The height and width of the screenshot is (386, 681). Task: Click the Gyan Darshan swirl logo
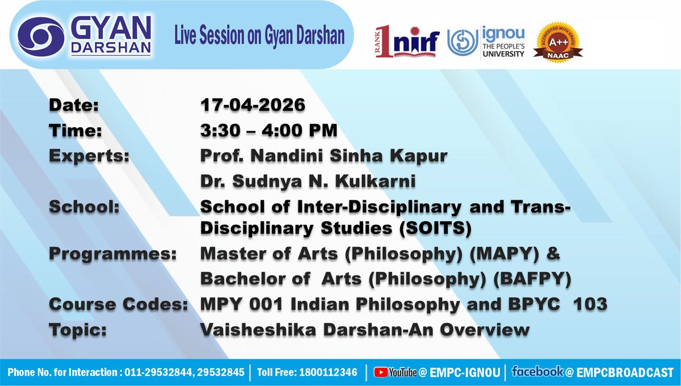(x=39, y=36)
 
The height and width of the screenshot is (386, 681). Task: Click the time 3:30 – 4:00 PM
(x=269, y=131)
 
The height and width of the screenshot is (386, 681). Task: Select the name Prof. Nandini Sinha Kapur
(x=324, y=156)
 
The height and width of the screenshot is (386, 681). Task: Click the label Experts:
(x=89, y=156)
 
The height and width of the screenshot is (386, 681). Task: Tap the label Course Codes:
(x=119, y=305)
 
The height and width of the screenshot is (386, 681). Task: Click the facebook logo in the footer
(x=537, y=372)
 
